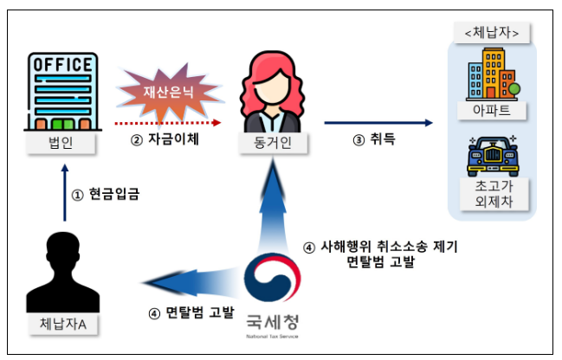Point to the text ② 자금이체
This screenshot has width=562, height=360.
pos(165,139)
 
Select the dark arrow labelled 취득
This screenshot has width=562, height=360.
pos(378,123)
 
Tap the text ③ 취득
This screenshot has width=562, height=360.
pos(374,138)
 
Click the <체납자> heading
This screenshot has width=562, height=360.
pos(492,33)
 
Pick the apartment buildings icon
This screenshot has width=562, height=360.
pos(491,74)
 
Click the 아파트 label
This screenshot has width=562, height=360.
pos(492,111)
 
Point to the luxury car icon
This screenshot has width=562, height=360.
pos(492,156)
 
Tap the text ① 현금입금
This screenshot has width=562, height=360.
pos(109,194)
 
